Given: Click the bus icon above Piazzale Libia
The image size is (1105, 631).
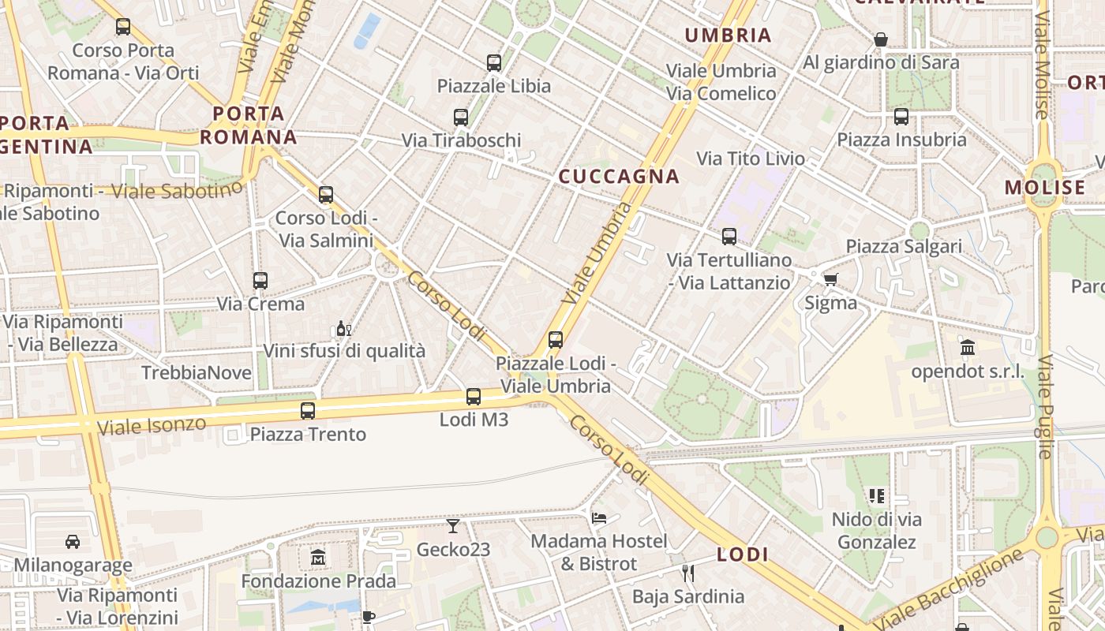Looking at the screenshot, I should (494, 63).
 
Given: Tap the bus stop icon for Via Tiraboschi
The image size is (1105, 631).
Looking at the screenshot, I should (461, 118).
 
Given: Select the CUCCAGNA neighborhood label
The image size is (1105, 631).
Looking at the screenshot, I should (619, 177).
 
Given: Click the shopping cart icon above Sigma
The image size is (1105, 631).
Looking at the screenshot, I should (830, 279).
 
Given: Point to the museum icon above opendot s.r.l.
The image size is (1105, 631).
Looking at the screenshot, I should (968, 348).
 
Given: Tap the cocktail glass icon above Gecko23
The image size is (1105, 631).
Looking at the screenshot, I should (453, 526).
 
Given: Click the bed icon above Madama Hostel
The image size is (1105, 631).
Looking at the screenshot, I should (599, 518).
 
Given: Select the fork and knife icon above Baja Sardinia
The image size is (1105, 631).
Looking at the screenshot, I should (687, 573).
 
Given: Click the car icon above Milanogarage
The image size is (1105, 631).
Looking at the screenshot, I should (73, 542).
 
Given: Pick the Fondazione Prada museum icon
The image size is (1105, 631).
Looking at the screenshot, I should (318, 558).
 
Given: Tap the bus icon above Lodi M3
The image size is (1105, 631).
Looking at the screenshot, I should (474, 397).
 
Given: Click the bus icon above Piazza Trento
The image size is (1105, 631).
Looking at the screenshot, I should (308, 411).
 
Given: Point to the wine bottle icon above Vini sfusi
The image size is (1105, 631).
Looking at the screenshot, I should (343, 329).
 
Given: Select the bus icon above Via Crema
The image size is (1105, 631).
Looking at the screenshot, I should (260, 280).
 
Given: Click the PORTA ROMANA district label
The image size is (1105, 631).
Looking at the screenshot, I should (249, 125).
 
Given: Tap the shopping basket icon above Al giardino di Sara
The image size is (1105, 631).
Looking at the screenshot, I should (881, 39).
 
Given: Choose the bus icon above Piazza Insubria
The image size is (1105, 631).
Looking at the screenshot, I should (901, 118).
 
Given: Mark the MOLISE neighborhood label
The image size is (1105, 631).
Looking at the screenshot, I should (1045, 188).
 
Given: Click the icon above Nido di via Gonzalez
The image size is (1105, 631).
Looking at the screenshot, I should (877, 496).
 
